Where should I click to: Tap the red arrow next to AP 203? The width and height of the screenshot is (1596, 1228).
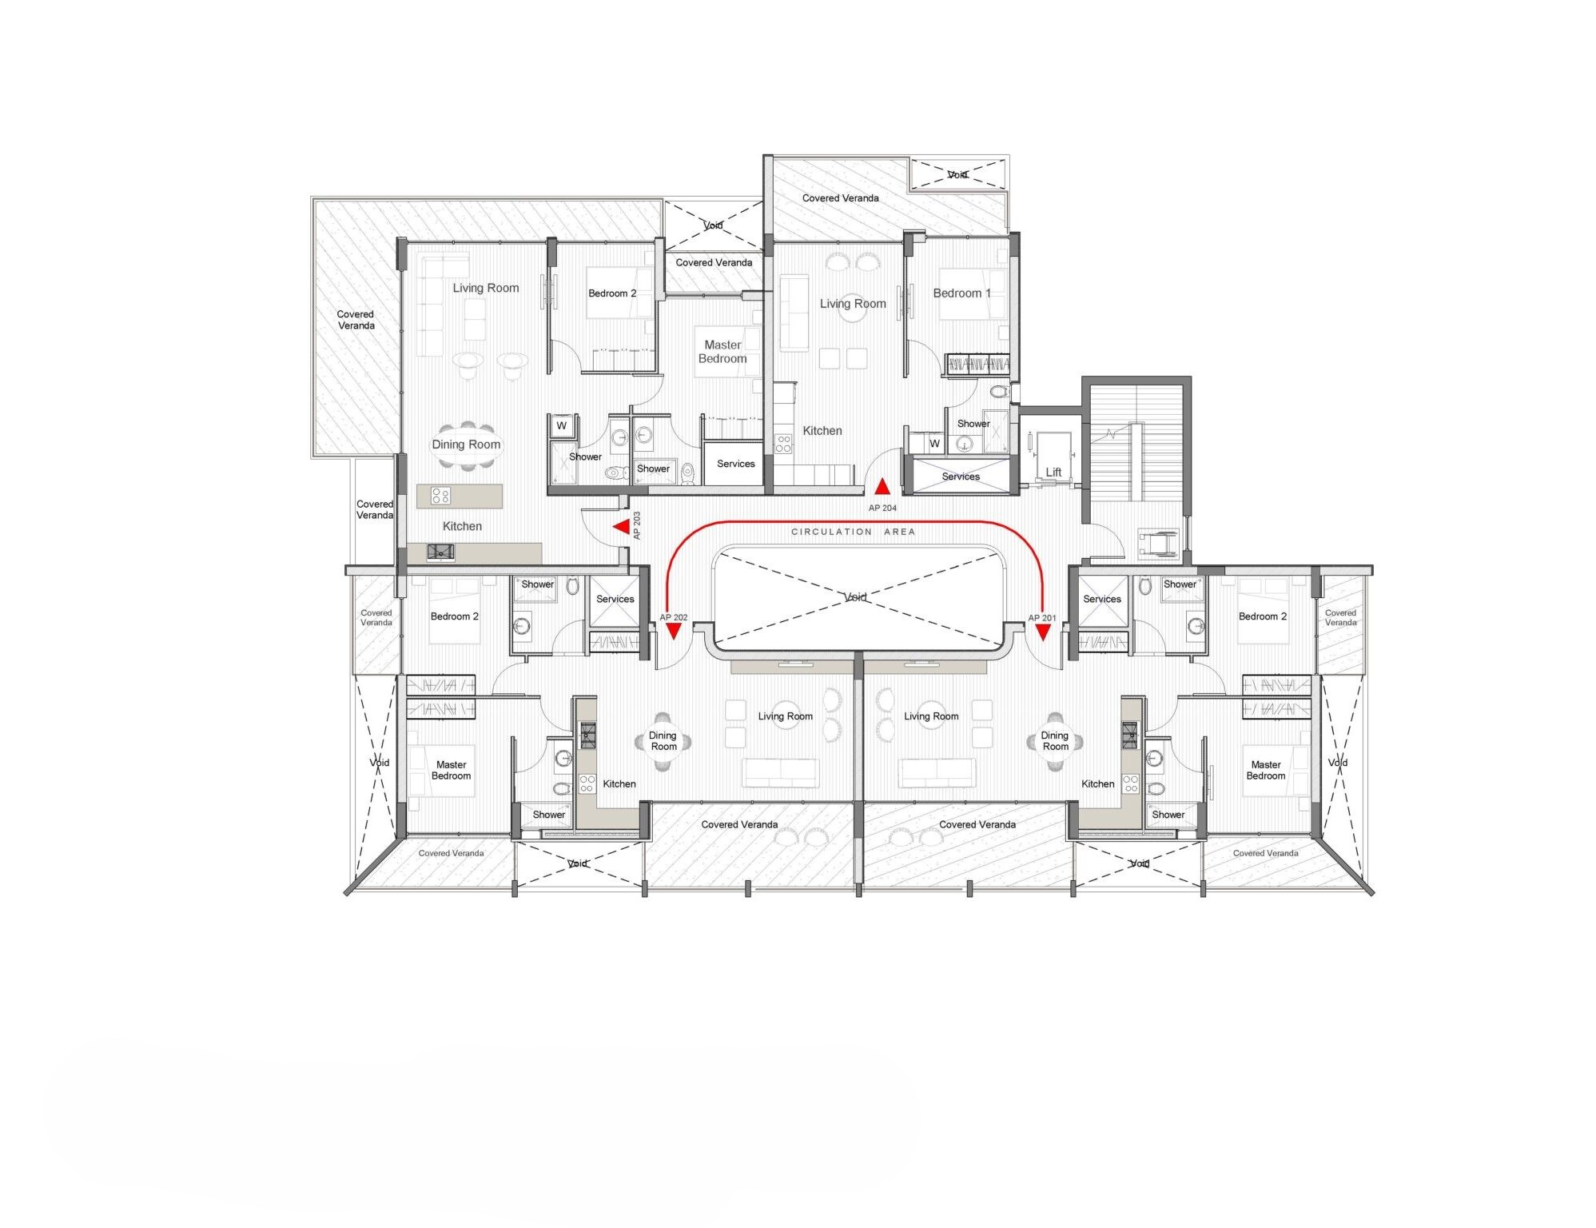(x=620, y=527)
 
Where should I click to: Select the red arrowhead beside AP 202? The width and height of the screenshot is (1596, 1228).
(x=673, y=632)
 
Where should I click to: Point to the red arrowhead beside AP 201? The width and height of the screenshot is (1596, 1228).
(x=1043, y=632)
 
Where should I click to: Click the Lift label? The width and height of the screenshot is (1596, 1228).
(x=1053, y=472)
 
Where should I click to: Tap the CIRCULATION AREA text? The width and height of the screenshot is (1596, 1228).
(x=853, y=532)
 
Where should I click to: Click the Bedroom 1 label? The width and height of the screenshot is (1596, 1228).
(x=961, y=293)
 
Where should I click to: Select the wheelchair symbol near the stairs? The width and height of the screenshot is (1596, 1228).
(x=1157, y=543)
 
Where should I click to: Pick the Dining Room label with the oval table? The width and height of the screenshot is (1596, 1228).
(x=466, y=445)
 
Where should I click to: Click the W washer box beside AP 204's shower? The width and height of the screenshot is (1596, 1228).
(x=934, y=443)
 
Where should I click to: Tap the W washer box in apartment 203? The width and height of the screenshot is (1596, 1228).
(x=562, y=426)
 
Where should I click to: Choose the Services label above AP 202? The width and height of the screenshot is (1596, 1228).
(x=615, y=599)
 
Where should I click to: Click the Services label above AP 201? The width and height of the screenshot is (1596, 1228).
(x=1101, y=599)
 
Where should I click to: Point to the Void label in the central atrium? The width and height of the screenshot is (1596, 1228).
(x=855, y=597)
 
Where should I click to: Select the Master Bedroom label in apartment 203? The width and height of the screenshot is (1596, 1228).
(x=722, y=352)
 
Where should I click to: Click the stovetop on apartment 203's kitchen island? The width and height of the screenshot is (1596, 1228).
(x=440, y=496)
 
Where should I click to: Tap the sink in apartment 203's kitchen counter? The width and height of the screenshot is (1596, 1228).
(x=440, y=552)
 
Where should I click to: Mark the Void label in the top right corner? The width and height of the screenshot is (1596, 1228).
(x=957, y=174)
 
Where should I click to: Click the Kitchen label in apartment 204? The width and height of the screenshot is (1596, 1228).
(x=822, y=431)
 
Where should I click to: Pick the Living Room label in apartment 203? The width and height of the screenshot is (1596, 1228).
(x=486, y=288)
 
